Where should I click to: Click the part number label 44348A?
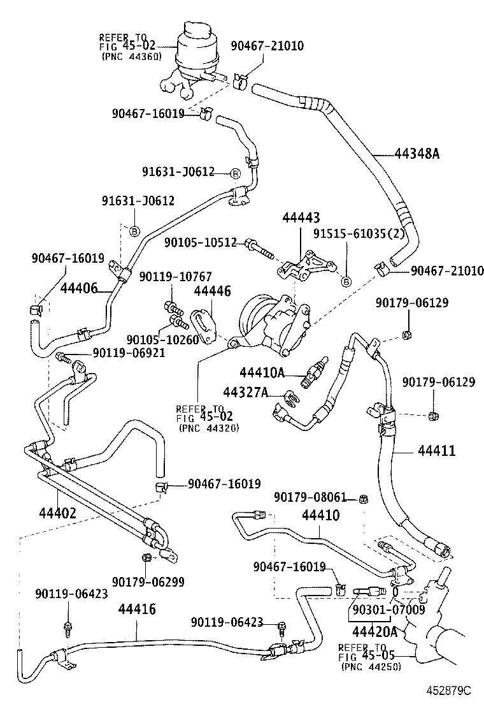418,154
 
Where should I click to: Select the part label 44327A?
245,392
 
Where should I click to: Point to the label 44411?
437,451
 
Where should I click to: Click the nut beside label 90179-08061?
362,499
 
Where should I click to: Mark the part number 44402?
58,512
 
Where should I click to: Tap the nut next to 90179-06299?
146,558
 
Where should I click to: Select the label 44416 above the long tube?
136,609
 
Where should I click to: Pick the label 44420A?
375,632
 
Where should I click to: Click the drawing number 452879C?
448,691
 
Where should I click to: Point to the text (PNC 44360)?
131,56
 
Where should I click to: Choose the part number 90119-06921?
129,352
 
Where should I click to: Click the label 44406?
79,288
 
